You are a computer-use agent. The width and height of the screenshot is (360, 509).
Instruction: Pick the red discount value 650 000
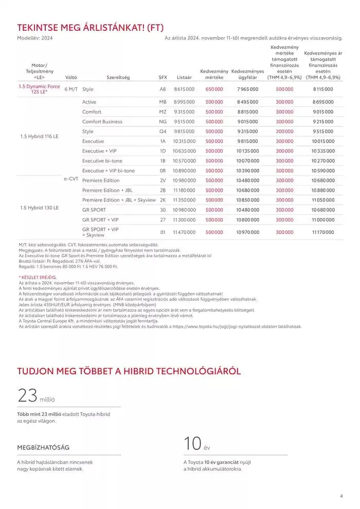pos(214,89)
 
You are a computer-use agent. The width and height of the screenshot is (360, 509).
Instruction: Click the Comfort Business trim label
pos(102,122)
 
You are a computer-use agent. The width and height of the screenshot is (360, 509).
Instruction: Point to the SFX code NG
pos(163,122)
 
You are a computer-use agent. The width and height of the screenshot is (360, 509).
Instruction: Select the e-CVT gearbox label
pos(70,179)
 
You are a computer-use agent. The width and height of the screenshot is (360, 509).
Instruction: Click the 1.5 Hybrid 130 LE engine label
pos(39,207)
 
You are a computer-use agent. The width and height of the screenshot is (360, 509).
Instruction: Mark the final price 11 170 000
pos(322,232)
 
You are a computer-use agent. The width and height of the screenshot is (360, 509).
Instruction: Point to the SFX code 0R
pos(163,171)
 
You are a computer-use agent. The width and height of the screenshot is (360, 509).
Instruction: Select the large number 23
pos(27,395)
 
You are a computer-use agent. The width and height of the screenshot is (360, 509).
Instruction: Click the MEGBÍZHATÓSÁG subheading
pos(43,447)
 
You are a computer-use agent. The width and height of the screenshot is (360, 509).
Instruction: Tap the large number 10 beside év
pos(193,443)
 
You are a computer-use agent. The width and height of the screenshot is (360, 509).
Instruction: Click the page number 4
pos(341,496)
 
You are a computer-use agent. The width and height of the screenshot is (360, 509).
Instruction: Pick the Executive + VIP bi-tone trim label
pos(106,171)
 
